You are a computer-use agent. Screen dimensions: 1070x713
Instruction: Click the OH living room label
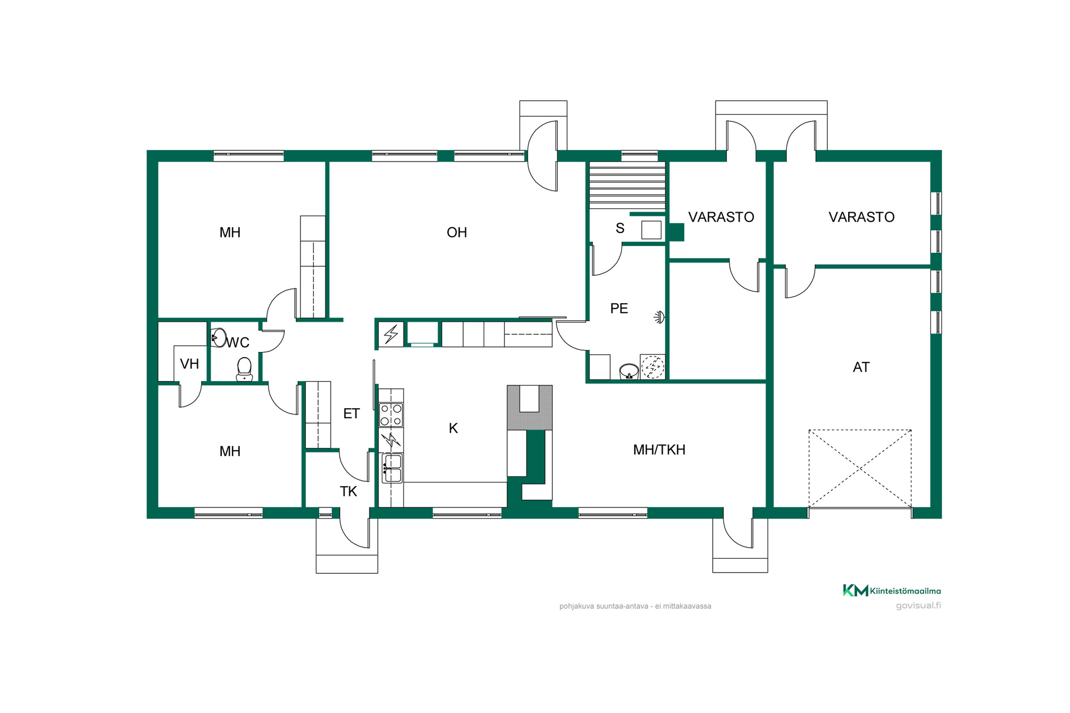[x=456, y=232]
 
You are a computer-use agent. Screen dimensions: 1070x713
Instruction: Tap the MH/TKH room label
[x=659, y=450]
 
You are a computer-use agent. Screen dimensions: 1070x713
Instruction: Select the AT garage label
[x=861, y=367]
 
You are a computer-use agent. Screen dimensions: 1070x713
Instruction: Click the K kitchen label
[x=453, y=428]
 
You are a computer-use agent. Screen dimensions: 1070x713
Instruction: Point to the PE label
[x=619, y=308]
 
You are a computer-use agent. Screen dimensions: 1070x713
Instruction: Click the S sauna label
[x=620, y=228]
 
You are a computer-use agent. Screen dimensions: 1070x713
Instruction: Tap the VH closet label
[x=189, y=364]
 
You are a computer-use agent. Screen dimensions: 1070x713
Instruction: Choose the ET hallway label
[x=351, y=413]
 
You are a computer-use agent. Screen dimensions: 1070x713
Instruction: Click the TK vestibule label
[x=348, y=491]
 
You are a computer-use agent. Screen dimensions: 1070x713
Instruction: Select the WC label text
[x=238, y=343]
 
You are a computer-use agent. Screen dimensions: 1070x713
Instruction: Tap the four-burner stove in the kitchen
[x=391, y=414]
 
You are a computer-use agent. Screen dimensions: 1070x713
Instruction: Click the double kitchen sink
[x=392, y=468]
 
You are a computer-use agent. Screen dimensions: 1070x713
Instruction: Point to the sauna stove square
[x=651, y=229]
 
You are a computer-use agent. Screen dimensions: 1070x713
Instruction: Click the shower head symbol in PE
[x=659, y=318]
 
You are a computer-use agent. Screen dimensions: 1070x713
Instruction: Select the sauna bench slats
[x=628, y=185]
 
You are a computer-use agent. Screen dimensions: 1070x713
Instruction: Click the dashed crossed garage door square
[x=860, y=468]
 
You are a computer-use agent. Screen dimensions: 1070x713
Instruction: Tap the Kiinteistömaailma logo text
[x=905, y=591]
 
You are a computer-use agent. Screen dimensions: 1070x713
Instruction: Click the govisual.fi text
[x=918, y=605]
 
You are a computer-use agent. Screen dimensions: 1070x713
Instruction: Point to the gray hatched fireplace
[x=529, y=407]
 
